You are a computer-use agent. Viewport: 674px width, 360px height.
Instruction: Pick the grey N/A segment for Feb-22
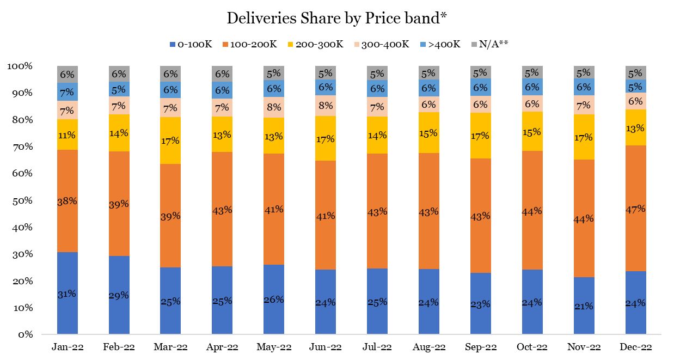click(119, 74)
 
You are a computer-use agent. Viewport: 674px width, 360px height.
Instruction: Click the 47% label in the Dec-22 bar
click(635, 209)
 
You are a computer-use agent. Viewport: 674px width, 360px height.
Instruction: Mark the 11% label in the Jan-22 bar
click(68, 135)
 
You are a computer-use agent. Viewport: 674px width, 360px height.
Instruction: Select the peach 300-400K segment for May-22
click(274, 107)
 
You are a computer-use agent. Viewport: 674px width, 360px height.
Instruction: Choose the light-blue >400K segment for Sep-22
click(480, 87)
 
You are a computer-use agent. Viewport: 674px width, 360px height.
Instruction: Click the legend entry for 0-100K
click(191, 44)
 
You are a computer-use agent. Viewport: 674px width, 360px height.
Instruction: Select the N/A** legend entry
click(490, 44)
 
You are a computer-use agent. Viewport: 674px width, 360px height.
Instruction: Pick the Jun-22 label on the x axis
click(326, 347)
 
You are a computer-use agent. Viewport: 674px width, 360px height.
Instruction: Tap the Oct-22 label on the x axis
click(532, 347)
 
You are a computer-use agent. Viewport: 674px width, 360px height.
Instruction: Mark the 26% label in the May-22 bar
click(274, 299)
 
